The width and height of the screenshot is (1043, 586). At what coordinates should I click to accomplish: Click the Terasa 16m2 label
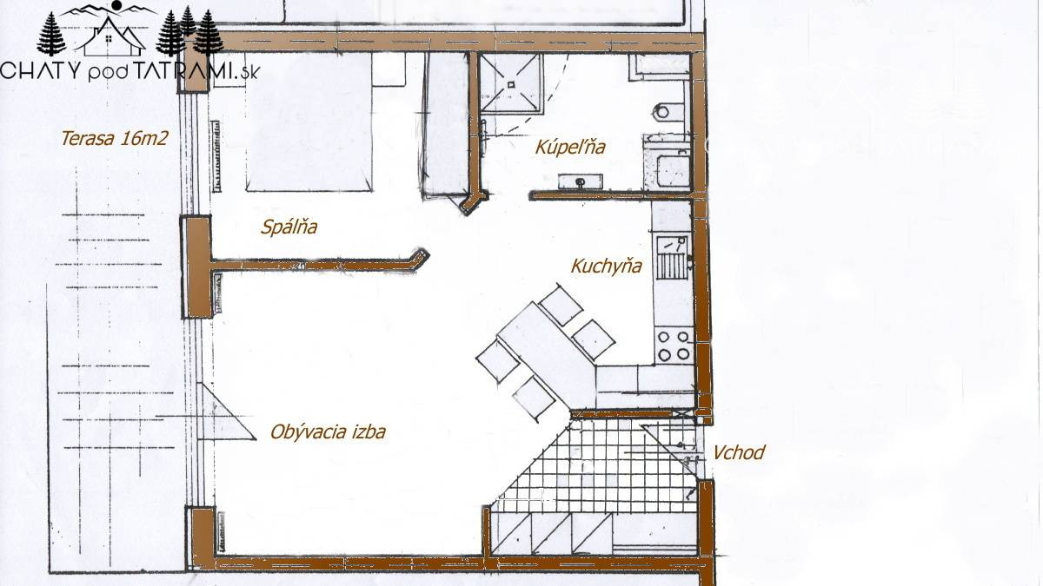pos(114,139)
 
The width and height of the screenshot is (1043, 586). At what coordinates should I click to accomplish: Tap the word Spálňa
pos(289,227)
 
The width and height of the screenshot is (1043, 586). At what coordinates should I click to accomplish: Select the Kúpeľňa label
pos(570,147)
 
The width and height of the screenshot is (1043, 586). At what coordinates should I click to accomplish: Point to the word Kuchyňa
pos(607,266)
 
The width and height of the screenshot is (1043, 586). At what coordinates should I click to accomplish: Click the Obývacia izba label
pos(328,432)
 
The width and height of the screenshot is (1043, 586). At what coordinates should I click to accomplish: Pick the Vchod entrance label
pos(739,452)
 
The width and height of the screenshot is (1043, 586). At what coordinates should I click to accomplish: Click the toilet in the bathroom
pos(669,112)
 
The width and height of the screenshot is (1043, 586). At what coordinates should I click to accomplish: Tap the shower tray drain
pos(511,85)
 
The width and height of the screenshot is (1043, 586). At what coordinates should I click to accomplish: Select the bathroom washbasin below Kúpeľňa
pos(581,181)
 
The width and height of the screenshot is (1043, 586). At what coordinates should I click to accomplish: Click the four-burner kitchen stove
pos(674,346)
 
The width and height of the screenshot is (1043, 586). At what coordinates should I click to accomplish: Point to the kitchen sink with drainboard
pos(672,258)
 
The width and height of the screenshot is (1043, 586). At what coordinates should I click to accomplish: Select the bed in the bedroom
pos(309,122)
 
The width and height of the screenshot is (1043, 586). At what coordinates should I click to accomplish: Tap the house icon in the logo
pos(110,37)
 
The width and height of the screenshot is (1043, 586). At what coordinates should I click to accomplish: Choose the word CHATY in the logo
pos(41,70)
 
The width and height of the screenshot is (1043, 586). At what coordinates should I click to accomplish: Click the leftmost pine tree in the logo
pos(51,34)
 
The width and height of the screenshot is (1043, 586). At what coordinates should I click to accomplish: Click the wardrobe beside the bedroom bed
pos(445,126)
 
